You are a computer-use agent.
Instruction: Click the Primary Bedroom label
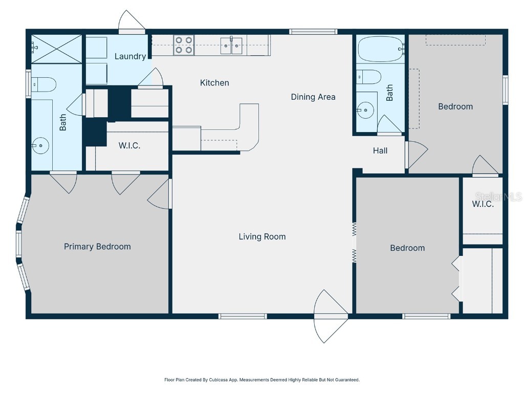(x=97, y=247)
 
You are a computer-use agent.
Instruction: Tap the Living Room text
(x=262, y=236)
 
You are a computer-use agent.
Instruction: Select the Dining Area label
(x=313, y=97)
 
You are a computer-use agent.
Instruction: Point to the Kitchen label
(x=214, y=82)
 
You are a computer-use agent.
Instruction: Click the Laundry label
(x=130, y=56)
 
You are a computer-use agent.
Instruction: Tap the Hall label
(x=380, y=150)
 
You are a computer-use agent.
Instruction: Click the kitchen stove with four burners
(x=184, y=45)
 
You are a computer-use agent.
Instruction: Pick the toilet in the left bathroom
(x=43, y=84)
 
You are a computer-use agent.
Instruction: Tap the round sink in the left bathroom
(x=39, y=146)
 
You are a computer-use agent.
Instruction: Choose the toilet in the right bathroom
(x=369, y=77)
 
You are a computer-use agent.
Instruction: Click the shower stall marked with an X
(x=56, y=49)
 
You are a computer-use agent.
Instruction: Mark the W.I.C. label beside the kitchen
(x=129, y=145)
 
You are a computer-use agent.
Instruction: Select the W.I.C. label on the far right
(x=483, y=204)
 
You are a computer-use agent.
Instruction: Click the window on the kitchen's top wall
(x=313, y=32)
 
